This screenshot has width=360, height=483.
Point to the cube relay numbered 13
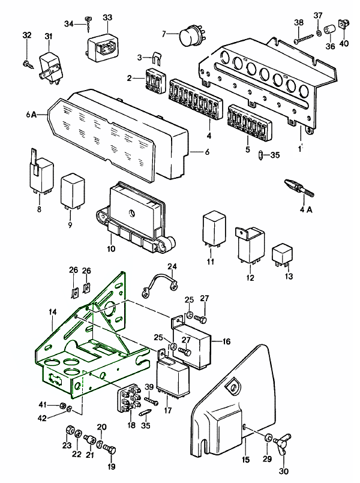[x=282, y=255]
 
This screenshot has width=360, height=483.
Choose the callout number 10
[x=111, y=248]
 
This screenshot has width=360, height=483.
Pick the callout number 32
[x=26, y=35]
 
